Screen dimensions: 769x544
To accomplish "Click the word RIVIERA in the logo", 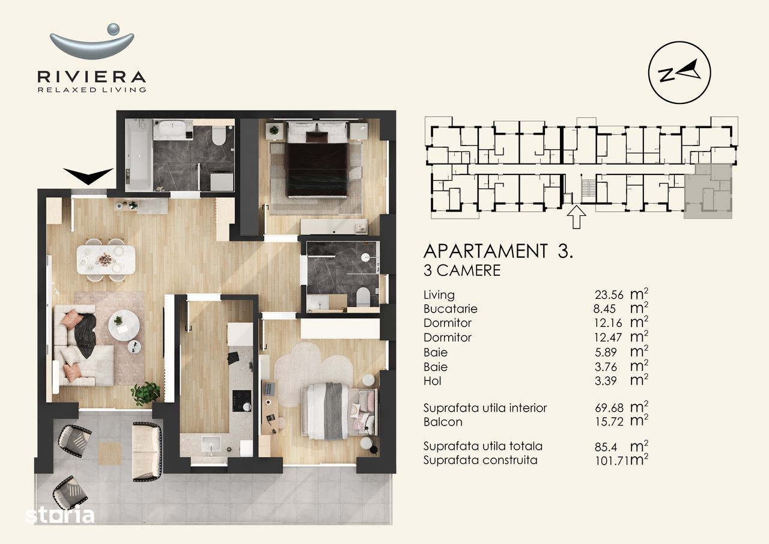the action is (x=92, y=76).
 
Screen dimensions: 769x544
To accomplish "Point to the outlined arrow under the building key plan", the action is (x=576, y=217).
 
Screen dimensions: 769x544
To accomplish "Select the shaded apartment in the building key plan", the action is (x=708, y=191).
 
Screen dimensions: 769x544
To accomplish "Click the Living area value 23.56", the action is (x=609, y=295).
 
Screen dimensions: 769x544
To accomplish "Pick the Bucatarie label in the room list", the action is (x=450, y=309).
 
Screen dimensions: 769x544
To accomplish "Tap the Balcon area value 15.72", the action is (x=609, y=422).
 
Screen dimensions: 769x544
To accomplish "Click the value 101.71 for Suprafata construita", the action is (x=612, y=460).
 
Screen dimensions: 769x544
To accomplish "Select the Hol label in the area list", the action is (x=432, y=381).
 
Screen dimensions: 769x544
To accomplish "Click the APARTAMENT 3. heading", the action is (x=498, y=251).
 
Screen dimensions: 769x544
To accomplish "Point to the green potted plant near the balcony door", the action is (x=146, y=393).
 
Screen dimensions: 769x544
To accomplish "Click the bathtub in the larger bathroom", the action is (x=139, y=154).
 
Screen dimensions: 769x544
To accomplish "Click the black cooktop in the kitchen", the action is (x=242, y=401).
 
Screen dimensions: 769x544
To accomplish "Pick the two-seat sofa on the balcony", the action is (x=147, y=451).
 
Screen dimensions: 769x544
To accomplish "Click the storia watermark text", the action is (x=60, y=515).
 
